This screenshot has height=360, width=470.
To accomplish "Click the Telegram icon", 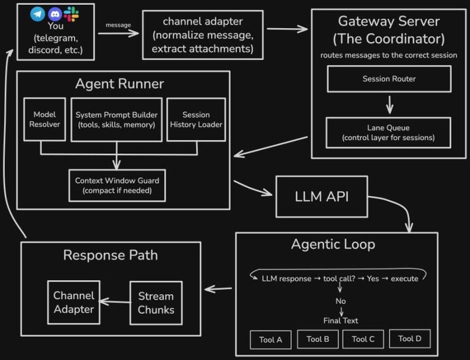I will [x=38, y=12].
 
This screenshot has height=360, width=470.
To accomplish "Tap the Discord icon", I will [x=55, y=13].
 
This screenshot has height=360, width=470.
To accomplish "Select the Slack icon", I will [x=71, y=13].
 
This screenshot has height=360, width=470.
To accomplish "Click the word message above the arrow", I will [x=117, y=25].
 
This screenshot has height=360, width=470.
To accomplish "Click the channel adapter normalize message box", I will [x=203, y=35].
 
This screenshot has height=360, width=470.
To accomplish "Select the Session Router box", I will [x=389, y=79].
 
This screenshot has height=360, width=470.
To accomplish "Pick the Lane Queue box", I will [x=388, y=132].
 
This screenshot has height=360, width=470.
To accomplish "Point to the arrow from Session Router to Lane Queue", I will [x=389, y=105].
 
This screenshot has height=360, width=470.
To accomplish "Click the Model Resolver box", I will [x=45, y=119].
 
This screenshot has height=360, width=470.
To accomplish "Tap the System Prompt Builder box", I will [x=117, y=119].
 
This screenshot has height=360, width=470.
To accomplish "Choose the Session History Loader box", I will [x=196, y=119].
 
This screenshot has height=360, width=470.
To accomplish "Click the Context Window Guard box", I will [x=117, y=185].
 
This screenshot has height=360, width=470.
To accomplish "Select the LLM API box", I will [x=321, y=196].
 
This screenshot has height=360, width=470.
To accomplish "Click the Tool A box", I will [x=270, y=339].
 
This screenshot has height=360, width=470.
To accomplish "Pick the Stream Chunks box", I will [x=156, y=302].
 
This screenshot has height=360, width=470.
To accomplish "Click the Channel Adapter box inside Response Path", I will [x=74, y=302].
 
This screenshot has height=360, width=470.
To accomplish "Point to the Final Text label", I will [x=340, y=321].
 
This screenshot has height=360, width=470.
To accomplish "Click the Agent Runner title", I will [x=119, y=84].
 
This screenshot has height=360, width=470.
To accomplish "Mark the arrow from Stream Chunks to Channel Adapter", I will [x=115, y=302].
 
